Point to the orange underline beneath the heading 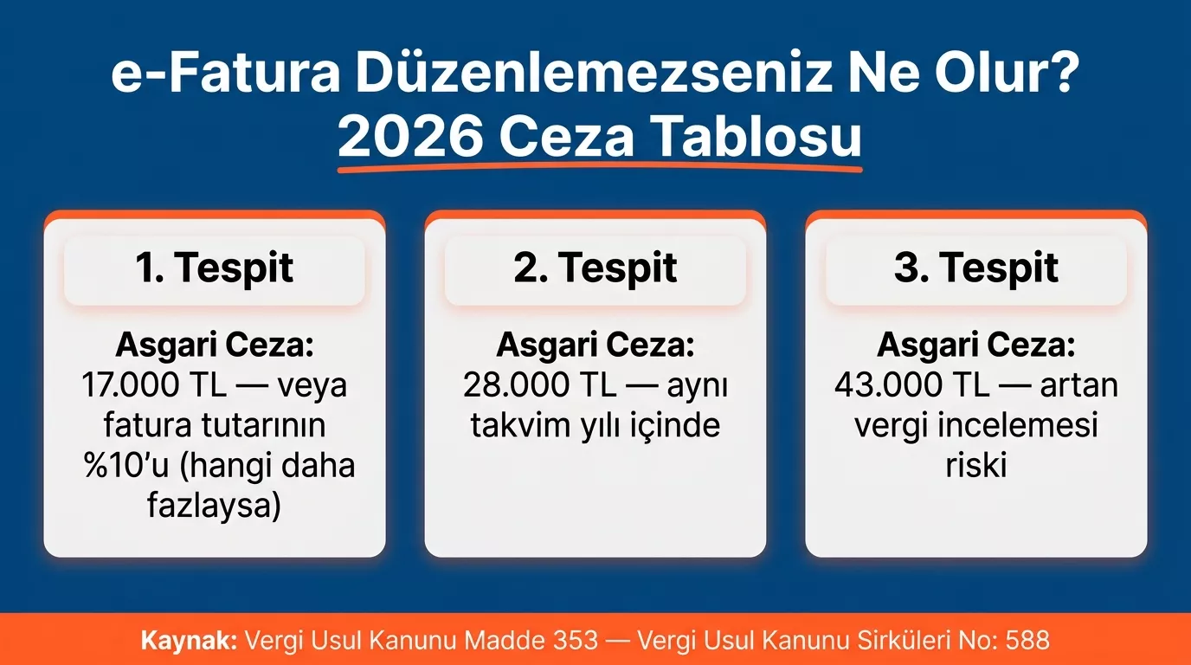(599, 166)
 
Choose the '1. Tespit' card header (215, 268)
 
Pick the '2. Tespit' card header (595, 268)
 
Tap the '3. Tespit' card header (976, 268)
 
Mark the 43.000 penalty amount (888, 385)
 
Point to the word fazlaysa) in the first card (215, 505)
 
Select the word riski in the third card (975, 465)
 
